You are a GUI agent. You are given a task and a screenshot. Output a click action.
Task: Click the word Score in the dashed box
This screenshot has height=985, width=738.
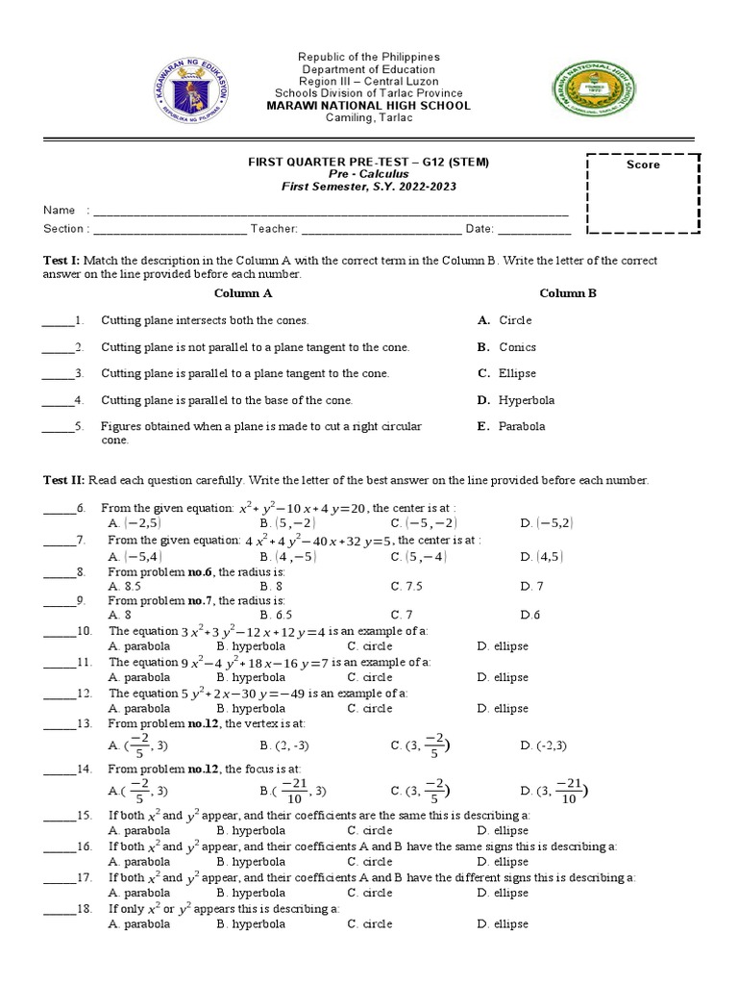tap(643, 164)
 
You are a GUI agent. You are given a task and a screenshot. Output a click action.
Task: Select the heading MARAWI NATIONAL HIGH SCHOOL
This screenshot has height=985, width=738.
tap(370, 106)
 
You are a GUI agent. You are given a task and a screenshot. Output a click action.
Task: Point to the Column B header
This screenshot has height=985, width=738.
tap(568, 293)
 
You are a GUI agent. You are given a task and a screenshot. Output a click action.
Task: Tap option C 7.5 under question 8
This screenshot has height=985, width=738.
tap(406, 585)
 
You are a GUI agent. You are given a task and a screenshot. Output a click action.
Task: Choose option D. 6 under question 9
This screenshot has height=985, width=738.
tap(530, 615)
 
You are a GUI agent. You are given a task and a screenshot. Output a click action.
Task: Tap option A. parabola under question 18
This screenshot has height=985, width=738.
tap(139, 923)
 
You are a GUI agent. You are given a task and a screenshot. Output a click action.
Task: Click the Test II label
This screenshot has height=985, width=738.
tap(63, 480)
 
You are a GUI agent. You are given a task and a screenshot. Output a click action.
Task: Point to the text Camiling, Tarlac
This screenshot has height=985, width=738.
tap(369, 118)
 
